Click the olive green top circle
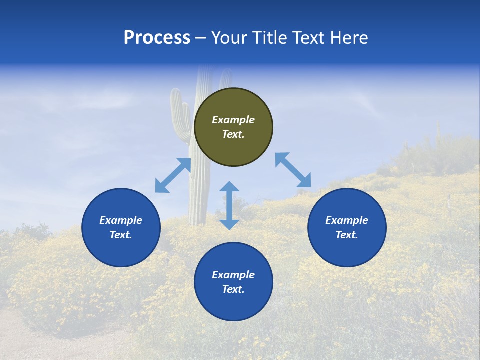click(233, 127)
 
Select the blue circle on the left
click(121, 227)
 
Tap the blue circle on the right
click(347, 227)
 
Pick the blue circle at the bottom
click(233, 282)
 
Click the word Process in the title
click(157, 38)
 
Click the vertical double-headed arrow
click(229, 205)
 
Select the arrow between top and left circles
click(173, 175)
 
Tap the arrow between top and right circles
click(293, 170)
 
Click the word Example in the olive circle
click(233, 120)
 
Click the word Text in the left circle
click(121, 235)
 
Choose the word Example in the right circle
click(347, 220)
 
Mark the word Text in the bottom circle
click(233, 289)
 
